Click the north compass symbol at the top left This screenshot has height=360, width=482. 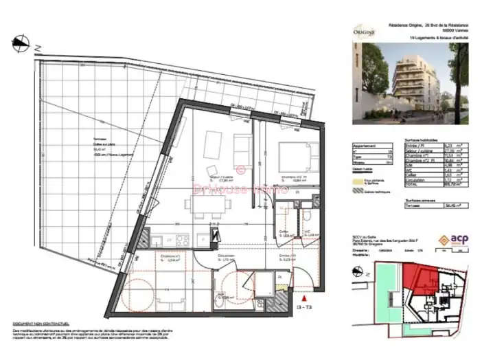(21, 43)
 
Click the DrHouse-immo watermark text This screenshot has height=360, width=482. (240, 188)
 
